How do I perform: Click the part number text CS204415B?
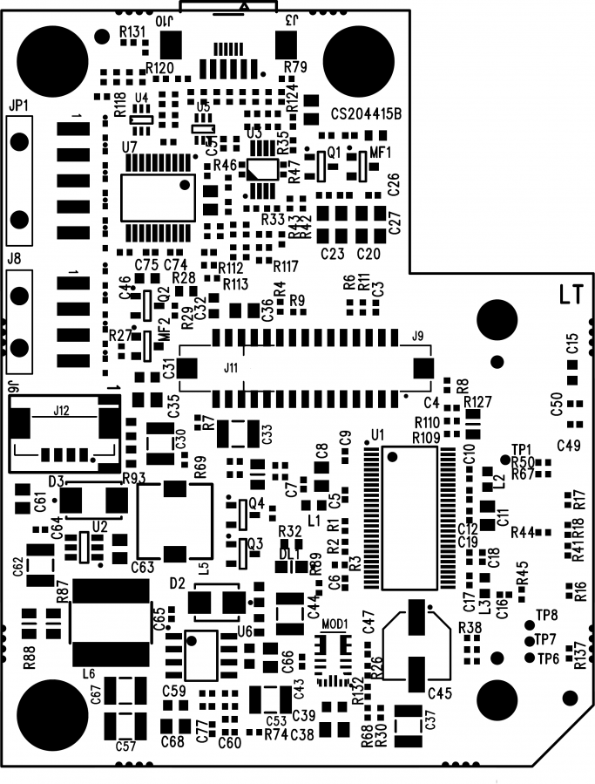coord(365,112)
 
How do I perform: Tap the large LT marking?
coord(571,296)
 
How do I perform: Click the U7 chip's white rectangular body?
coord(157,197)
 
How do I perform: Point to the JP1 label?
coord(18,105)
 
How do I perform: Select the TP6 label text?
coord(548,658)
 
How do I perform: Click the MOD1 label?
coord(335,624)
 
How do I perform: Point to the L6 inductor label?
coord(87,673)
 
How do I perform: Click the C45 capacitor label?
coord(440,693)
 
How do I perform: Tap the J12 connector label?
coord(62,409)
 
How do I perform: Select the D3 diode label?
coord(56,481)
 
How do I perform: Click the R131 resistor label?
coord(132,31)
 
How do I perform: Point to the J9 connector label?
coord(416,335)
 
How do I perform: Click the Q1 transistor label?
coord(335,152)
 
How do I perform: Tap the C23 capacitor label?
coord(334,254)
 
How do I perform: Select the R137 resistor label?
coord(579,655)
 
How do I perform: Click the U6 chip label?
coord(245,630)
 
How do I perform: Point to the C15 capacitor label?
coord(572,343)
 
